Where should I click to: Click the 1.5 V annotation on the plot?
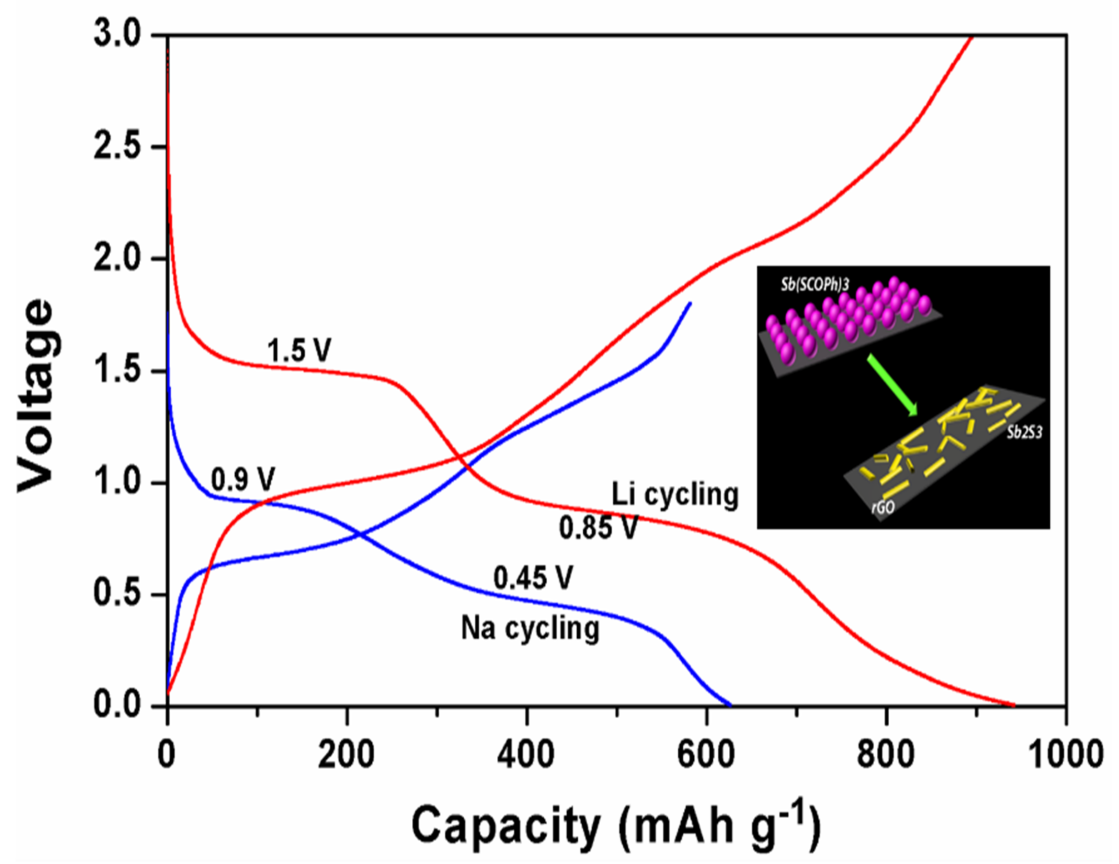click(299, 351)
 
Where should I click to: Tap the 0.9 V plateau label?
click(243, 479)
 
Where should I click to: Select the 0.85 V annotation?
click(598, 527)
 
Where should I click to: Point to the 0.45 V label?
click(533, 578)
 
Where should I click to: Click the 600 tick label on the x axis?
click(707, 755)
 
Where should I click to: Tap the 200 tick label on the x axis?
click(346, 755)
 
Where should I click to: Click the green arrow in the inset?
click(892, 386)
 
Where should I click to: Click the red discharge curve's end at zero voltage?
click(1013, 705)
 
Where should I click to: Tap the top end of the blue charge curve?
click(690, 303)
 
